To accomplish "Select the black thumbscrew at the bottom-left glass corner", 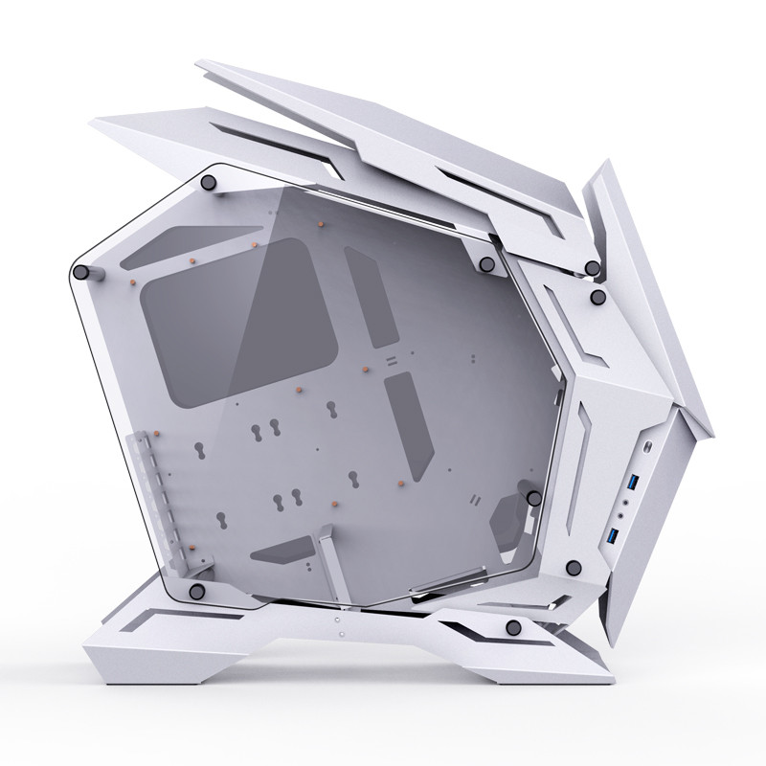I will pos(196,589).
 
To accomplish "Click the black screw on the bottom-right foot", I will pos(514,628).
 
